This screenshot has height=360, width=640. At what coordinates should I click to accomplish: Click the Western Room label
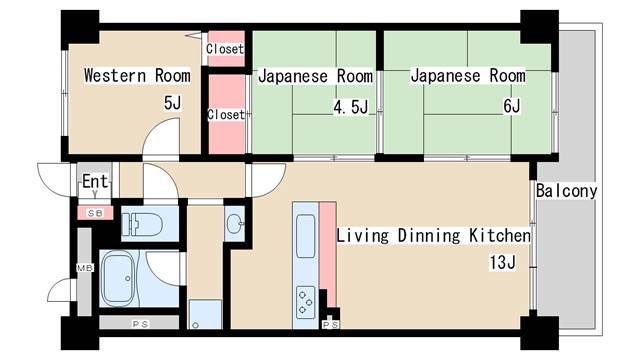coord(137,76)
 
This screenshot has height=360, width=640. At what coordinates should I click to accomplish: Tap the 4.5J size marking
coord(351,107)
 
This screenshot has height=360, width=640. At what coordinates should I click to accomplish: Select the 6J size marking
coord(511,106)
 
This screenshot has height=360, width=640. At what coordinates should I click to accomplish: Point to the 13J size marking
coord(502,262)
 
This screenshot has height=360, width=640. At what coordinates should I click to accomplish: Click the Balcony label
coord(567,191)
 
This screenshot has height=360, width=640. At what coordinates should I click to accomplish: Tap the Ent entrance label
coord(95,181)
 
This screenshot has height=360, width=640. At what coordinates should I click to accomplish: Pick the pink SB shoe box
coord(95,213)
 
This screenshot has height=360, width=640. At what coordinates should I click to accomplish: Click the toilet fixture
coord(142,224)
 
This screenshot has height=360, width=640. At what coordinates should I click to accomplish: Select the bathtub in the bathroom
coord(119,278)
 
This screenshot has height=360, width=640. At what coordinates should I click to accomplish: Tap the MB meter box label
coord(85,268)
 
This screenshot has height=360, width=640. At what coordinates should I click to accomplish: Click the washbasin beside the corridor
coord(235,223)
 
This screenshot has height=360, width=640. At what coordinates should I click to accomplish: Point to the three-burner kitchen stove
coord(306,302)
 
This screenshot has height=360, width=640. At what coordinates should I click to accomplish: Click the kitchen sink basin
coord(305,237)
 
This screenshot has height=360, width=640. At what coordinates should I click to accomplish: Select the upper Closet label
coord(225,49)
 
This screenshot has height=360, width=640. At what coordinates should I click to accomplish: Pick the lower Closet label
coord(226,114)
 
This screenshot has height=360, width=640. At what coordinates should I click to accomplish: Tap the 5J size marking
coord(172,103)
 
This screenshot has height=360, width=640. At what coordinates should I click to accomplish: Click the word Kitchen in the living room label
coord(500,236)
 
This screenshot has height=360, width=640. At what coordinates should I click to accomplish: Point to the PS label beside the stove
coord(330,324)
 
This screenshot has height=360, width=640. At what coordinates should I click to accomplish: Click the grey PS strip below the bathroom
coord(139,323)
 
